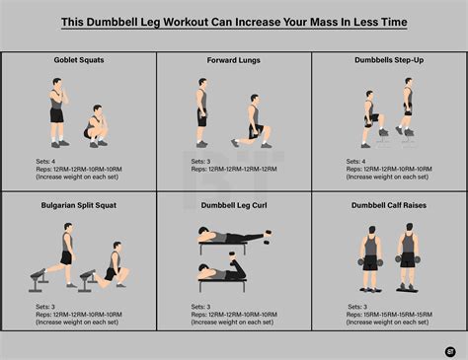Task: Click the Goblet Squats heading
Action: (x=78, y=61)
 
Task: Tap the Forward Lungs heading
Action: (x=233, y=61)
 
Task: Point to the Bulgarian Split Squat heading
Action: (x=78, y=205)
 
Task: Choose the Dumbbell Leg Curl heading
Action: (x=233, y=205)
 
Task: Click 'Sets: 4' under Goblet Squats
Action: (x=34, y=161)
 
